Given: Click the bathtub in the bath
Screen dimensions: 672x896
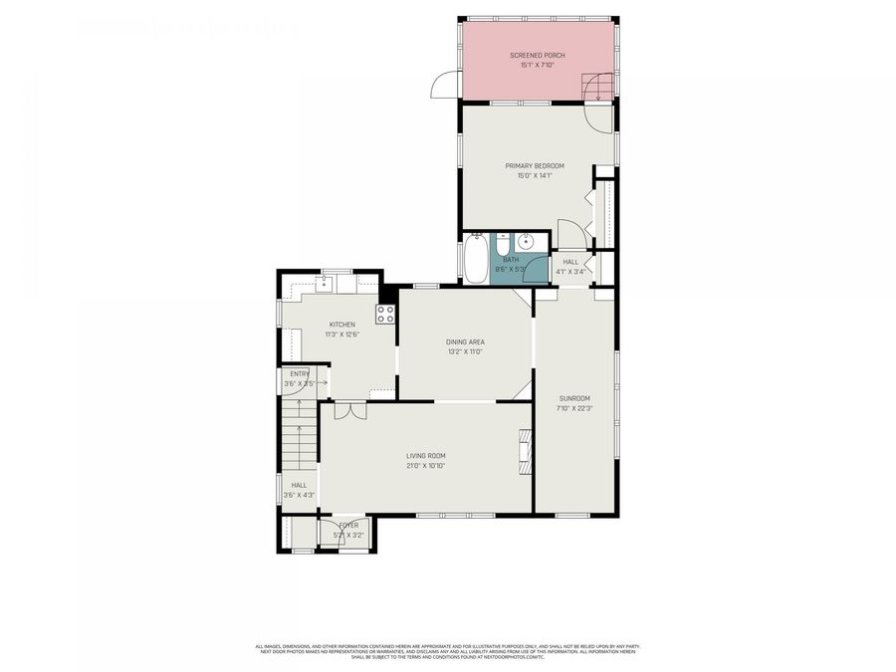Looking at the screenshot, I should tap(475, 259).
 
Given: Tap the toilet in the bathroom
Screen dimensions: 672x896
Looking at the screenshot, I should tap(502, 243).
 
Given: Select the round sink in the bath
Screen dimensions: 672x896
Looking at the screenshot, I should tap(526, 242).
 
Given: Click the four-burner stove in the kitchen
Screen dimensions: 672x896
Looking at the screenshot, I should tap(385, 315).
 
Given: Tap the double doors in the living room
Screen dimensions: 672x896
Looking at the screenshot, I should tap(350, 410).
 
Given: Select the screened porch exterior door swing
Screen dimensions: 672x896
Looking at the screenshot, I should tap(444, 88).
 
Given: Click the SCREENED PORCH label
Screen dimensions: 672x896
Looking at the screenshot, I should tap(538, 56).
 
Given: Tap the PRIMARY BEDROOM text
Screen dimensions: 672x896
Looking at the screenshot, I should tap(535, 165).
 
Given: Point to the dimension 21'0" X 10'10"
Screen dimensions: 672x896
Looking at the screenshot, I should tap(425, 466).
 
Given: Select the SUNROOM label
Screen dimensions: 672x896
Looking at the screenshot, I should tap(575, 397).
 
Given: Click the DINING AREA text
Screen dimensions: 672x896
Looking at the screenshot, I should tap(465, 341).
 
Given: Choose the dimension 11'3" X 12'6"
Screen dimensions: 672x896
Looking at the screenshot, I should tap(342, 336).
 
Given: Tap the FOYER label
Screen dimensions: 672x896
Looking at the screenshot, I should tap(348, 525).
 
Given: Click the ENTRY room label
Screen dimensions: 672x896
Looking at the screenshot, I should tap(300, 373).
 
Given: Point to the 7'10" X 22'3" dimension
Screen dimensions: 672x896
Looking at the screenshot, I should tap(575, 407).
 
